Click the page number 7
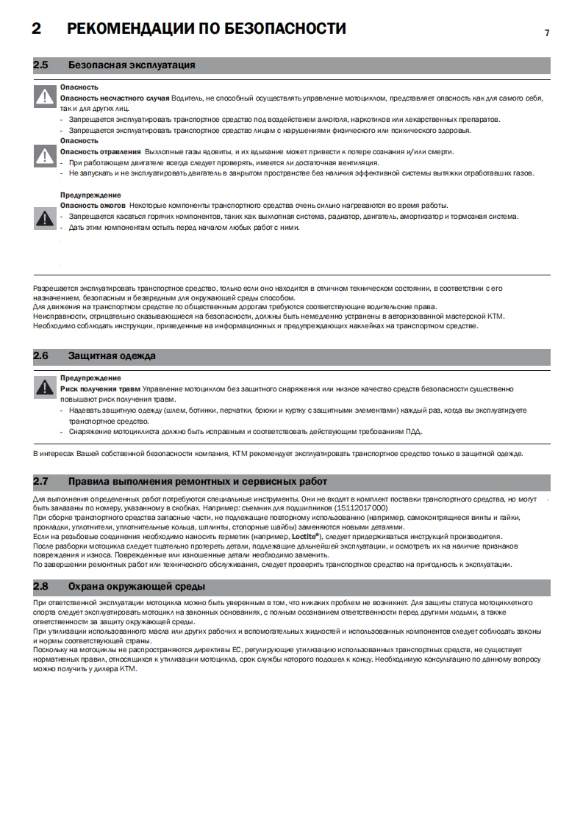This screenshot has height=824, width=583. (x=547, y=32)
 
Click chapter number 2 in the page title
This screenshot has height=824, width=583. (x=36, y=29)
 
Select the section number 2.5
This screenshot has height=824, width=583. (x=40, y=65)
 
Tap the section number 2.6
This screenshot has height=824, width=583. (x=40, y=355)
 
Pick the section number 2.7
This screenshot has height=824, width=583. (x=40, y=482)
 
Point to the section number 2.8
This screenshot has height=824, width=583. (x=40, y=587)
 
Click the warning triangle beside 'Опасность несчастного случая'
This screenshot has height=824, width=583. (x=46, y=97)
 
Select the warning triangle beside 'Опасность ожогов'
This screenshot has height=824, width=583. (x=46, y=217)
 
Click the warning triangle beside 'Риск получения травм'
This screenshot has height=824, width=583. (x=46, y=387)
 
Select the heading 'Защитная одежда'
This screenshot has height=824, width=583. (x=112, y=355)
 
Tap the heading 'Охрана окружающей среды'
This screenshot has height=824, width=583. (x=137, y=587)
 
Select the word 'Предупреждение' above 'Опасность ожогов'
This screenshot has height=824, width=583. (x=90, y=195)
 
